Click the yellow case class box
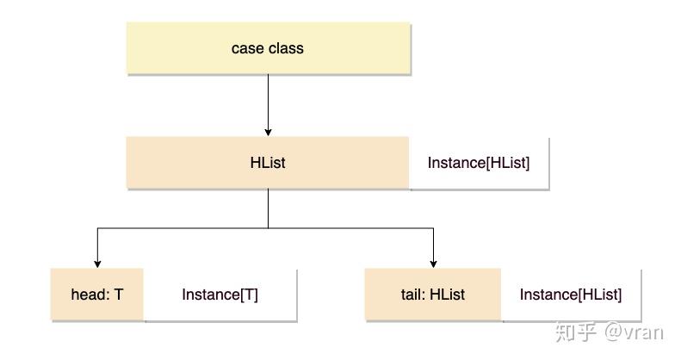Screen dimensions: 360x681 [268, 48]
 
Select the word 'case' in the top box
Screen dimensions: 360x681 [247, 48]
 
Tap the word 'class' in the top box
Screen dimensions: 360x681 [285, 48]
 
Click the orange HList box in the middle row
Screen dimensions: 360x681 [268, 162]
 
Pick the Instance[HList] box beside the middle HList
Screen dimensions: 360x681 [479, 163]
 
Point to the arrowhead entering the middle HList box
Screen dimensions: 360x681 [268, 132]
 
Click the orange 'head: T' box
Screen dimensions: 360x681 [97, 295]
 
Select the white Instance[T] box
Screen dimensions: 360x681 [220, 295]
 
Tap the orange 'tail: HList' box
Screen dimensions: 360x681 [433, 295]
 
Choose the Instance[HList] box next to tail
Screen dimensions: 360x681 [570, 295]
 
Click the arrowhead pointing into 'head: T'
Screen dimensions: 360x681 [97, 264]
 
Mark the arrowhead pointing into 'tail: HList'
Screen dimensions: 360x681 [433, 264]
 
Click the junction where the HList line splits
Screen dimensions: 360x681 [268, 228]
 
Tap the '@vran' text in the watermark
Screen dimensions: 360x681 [634, 331]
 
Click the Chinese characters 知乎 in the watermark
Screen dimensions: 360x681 [577, 331]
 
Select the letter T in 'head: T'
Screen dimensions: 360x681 [119, 295]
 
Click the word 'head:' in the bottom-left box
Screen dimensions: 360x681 [90, 295]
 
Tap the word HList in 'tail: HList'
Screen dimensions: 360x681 [447, 295]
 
